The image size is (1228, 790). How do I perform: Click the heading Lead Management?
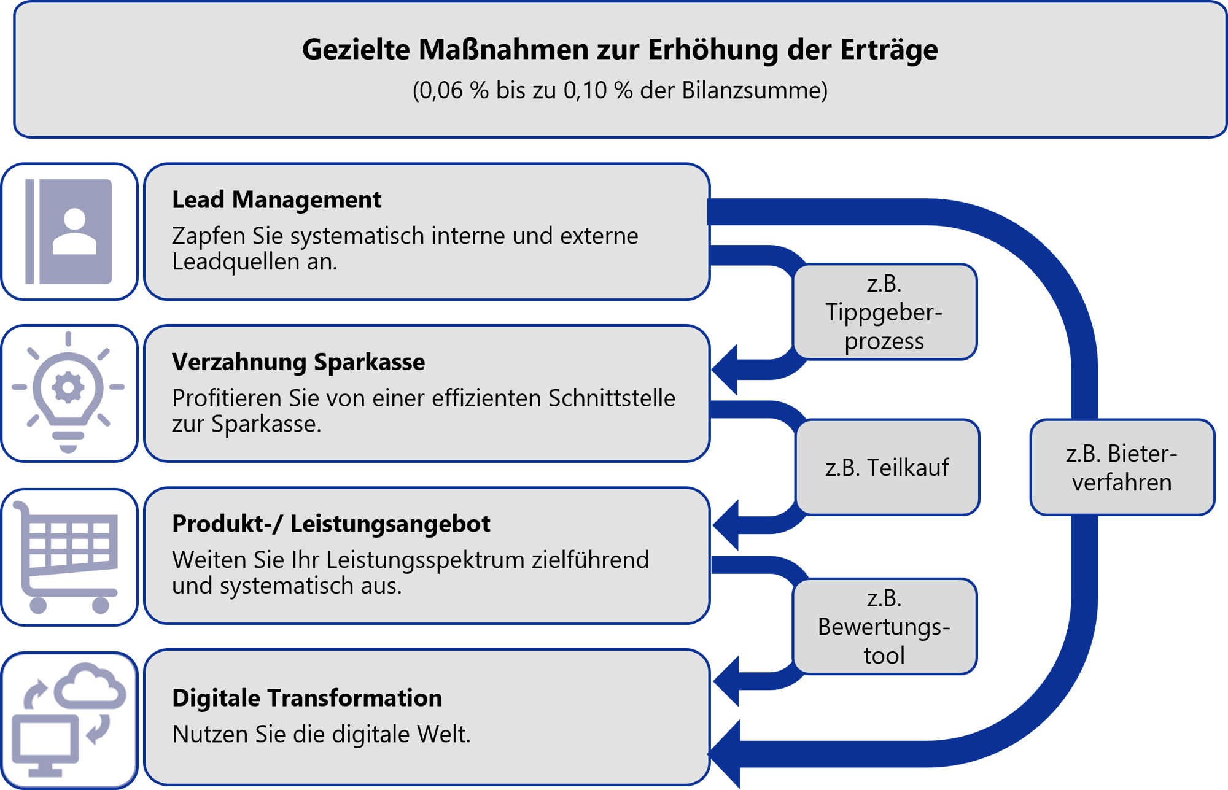[x=276, y=200]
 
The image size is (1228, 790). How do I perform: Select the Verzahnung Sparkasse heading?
[x=298, y=362]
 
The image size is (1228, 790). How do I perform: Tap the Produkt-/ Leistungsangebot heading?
[x=331, y=524]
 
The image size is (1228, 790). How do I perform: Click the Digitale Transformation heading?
[x=307, y=699]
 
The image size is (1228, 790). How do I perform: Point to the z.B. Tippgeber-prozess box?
[x=884, y=312]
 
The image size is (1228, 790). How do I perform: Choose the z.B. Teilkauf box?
[x=887, y=468]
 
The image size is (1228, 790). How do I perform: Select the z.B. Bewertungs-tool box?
[x=884, y=627]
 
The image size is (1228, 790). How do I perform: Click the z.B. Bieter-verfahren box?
[x=1122, y=468]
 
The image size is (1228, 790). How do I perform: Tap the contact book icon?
[x=69, y=232]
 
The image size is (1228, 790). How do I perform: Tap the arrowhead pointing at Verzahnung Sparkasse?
[x=726, y=370]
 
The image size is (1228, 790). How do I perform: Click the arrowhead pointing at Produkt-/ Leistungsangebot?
[x=726, y=525]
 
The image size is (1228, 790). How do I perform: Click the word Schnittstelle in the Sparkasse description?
[x=612, y=398]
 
